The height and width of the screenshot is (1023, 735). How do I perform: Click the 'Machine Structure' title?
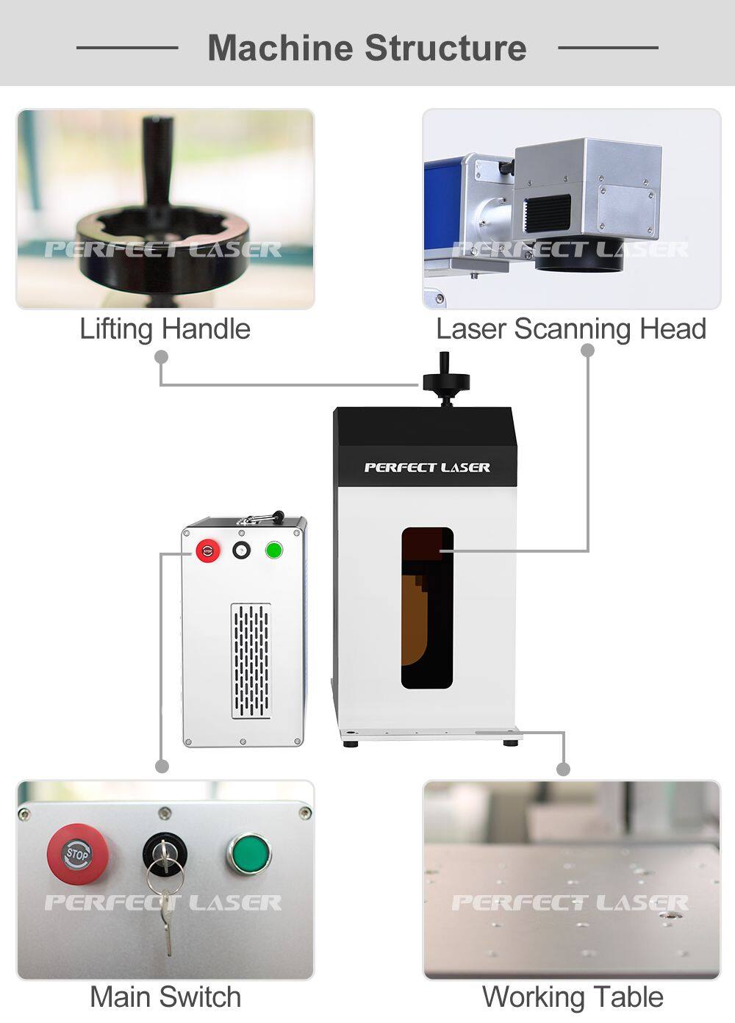(367, 49)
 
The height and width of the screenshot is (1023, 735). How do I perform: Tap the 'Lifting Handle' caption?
(165, 329)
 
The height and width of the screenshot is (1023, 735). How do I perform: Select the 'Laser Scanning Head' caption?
(571, 329)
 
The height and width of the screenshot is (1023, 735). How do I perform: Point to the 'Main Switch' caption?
(165, 997)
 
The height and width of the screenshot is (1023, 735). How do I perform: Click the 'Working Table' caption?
(573, 997)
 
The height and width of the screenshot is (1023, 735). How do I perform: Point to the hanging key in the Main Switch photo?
(168, 919)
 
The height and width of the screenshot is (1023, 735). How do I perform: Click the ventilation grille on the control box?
(251, 661)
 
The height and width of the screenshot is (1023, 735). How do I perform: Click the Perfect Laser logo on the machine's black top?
(427, 467)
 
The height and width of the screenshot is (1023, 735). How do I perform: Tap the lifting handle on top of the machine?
(445, 378)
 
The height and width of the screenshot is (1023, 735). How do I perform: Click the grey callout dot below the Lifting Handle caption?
(162, 357)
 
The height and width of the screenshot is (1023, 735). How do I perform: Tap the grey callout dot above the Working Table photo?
(563, 769)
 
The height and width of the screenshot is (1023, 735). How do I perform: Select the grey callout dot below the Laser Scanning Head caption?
(587, 351)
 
